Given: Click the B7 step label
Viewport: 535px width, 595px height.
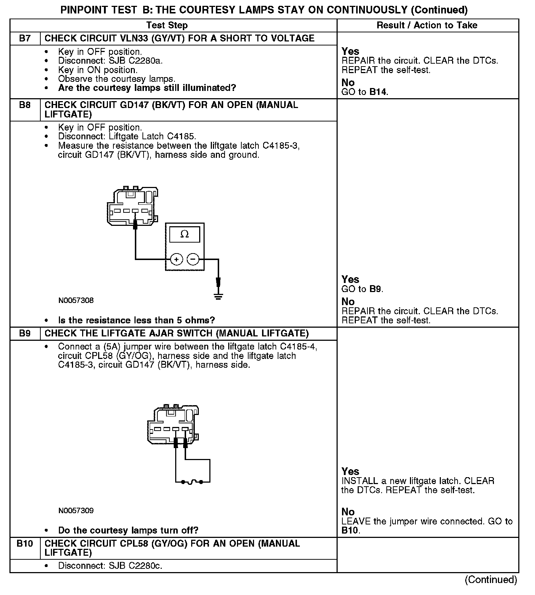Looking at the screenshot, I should [25, 38].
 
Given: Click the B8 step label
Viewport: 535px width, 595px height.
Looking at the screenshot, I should [25, 105].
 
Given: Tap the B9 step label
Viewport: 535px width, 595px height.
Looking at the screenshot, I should [25, 334].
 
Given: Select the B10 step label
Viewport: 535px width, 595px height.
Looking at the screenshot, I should [25, 544].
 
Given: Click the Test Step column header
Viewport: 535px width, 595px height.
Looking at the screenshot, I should [167, 25].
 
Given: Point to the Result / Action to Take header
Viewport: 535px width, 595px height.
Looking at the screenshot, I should [427, 25].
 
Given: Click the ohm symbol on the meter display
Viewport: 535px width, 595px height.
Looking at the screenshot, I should [185, 235].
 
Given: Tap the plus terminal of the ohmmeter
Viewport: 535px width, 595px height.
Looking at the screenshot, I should [176, 259].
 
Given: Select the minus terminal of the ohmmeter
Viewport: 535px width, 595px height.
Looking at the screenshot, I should [193, 259].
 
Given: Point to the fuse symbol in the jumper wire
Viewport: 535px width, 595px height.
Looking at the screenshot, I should [193, 482].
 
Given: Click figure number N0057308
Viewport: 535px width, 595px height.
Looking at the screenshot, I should [76, 300].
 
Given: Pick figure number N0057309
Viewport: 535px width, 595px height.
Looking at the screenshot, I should [76, 511].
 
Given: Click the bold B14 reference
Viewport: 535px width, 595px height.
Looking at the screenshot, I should [378, 92].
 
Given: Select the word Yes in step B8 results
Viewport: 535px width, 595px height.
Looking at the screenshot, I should [350, 279].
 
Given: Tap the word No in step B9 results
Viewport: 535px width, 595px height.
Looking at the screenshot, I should [348, 512].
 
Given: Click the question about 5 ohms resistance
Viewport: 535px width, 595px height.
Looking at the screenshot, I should [136, 320].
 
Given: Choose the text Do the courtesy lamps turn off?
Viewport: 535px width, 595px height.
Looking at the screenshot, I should [128, 530].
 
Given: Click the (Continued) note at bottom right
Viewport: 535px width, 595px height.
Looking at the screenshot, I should [491, 580].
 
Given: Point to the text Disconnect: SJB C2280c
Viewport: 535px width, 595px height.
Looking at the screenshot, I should [110, 566].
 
